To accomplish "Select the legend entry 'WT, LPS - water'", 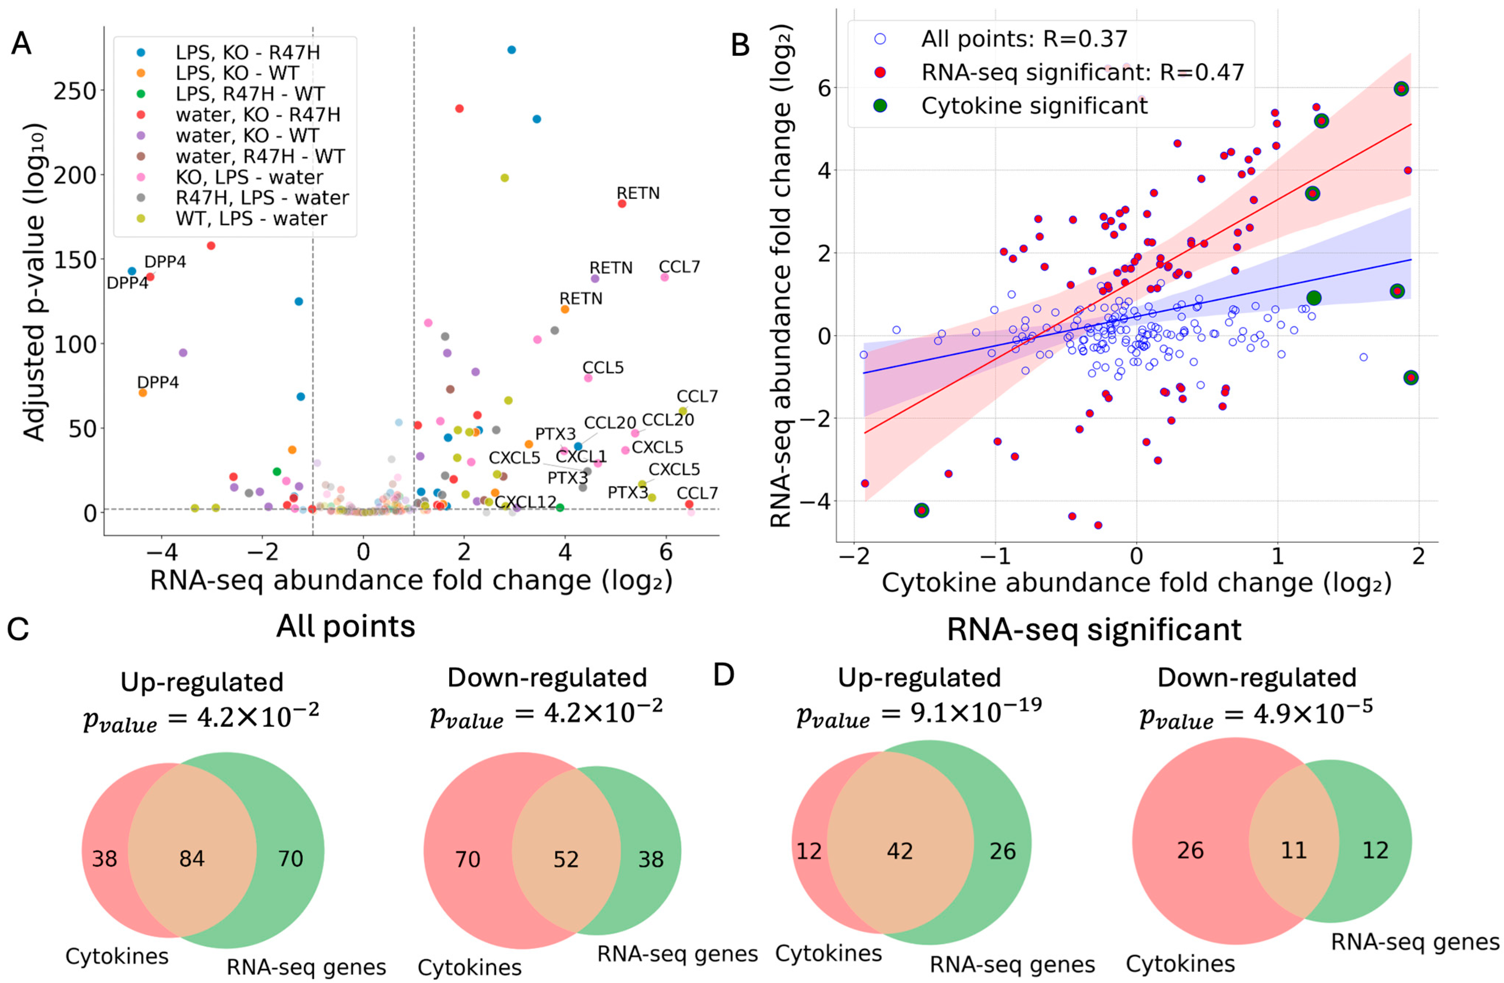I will point(251,219).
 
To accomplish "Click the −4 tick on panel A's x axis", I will point(162,551).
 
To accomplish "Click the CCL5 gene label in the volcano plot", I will point(603,367).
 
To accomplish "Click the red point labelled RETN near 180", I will point(622,204).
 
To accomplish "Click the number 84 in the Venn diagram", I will point(192,858).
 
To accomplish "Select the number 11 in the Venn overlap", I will point(1293,850).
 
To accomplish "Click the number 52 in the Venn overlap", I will point(566,859).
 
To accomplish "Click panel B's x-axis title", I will point(1136,582).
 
